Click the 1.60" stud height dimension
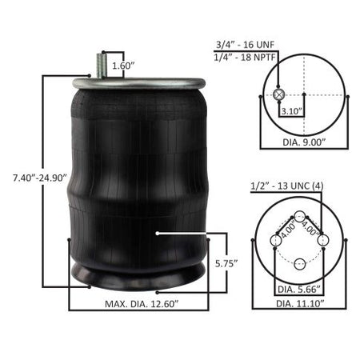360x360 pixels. click(123, 66)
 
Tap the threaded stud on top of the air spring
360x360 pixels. click(101, 66)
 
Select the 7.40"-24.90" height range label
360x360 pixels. click(40, 178)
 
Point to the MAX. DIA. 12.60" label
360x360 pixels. click(142, 304)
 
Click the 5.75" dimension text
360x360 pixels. click(226, 263)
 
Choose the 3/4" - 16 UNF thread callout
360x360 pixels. click(245, 45)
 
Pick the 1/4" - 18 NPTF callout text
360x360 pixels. click(245, 58)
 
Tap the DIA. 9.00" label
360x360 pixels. click(304, 142)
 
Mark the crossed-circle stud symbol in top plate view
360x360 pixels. click(279, 94)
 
